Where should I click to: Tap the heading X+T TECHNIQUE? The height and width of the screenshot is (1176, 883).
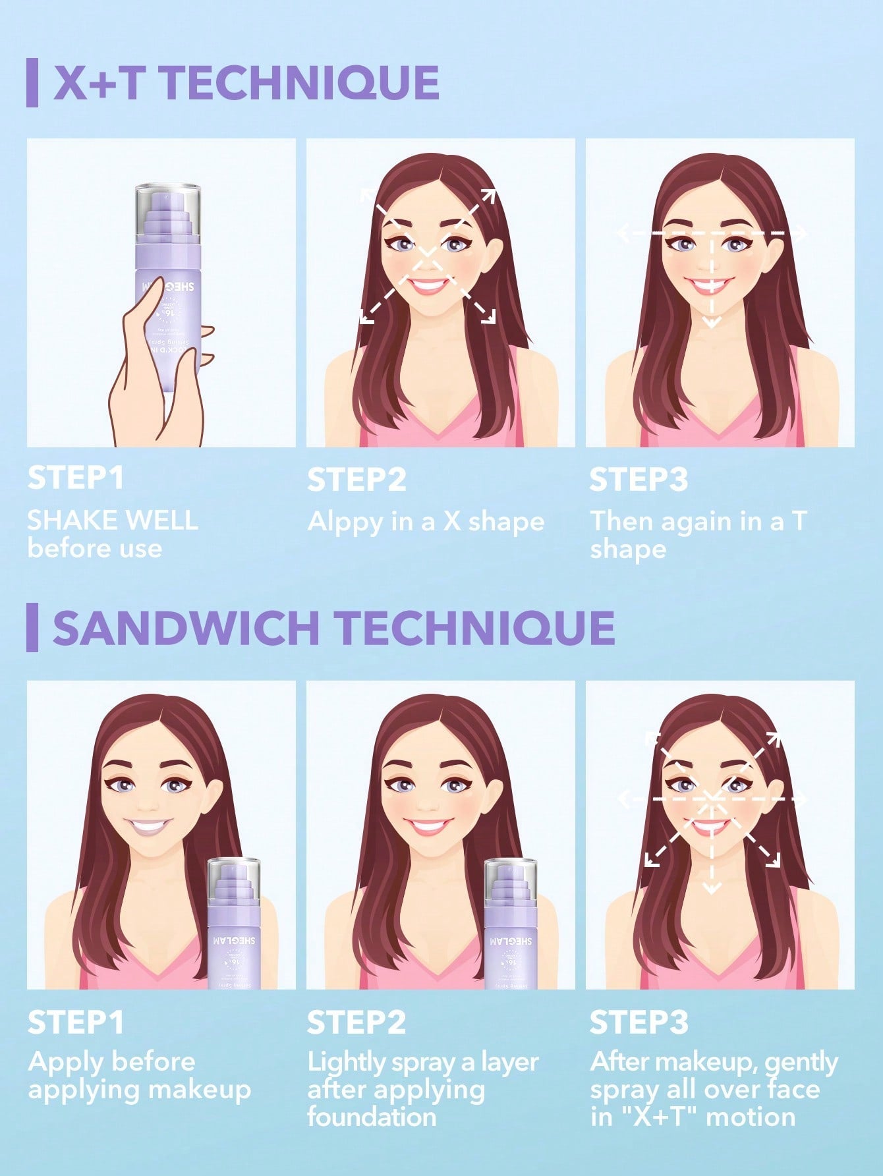coord(246,83)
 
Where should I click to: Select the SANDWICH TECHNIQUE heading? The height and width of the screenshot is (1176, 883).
coord(333,627)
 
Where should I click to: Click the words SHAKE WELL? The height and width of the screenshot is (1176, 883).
coord(112,520)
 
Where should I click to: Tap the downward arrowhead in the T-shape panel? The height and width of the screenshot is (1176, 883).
coord(711,322)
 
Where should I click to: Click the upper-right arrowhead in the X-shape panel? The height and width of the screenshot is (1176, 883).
coord(489,195)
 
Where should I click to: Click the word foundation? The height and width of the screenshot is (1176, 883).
coord(372,1117)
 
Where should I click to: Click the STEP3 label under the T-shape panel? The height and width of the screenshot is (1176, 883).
coord(638,479)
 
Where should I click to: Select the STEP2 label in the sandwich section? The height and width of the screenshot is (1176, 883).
coord(356,1022)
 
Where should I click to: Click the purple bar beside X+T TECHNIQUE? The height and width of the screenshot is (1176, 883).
coord(32,83)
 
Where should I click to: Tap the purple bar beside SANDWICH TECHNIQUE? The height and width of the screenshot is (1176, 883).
coord(32,627)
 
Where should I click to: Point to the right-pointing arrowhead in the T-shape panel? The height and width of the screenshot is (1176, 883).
coord(801,233)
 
